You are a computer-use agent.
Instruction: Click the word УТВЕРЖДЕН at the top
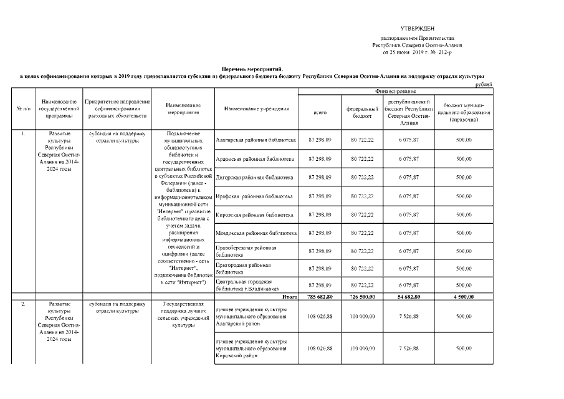418,29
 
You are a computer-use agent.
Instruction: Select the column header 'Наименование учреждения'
256,109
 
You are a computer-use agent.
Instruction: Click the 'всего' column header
319,113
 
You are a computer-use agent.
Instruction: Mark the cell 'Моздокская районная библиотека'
256,233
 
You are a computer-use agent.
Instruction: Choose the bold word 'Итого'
289,297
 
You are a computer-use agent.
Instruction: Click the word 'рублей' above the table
484,84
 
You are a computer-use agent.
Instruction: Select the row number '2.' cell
23,304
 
